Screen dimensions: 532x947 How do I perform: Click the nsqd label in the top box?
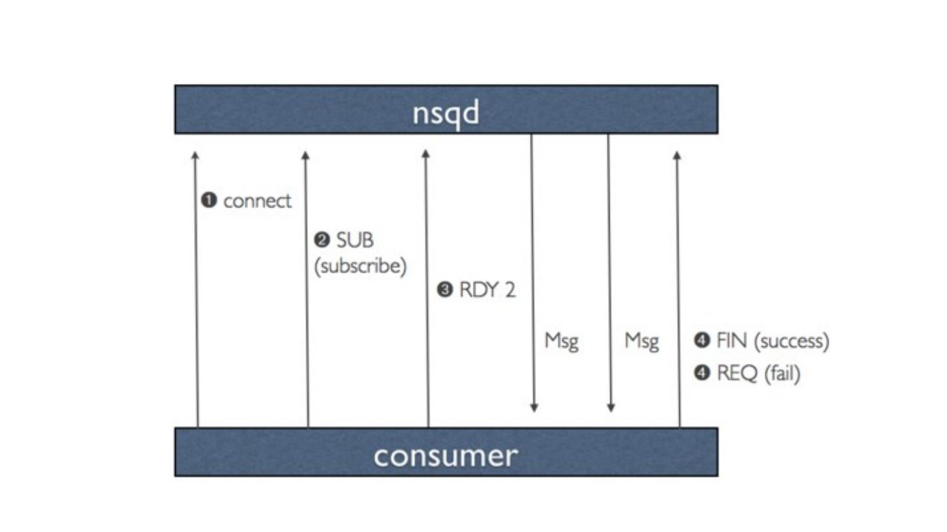tap(446, 113)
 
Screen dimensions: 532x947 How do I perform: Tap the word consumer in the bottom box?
tap(445, 455)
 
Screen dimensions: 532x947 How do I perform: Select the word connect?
tap(257, 201)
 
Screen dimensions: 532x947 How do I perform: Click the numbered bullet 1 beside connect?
tap(209, 200)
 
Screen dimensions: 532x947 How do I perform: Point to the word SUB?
tap(355, 240)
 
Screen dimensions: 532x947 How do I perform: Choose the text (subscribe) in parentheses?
tap(360, 267)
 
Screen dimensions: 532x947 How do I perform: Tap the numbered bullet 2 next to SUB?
tap(322, 240)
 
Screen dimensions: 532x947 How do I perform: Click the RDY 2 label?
tap(487, 290)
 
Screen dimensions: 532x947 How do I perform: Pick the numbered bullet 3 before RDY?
tap(445, 290)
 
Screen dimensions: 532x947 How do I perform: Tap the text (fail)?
tap(782, 374)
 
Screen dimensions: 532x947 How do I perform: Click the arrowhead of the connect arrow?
tap(195, 155)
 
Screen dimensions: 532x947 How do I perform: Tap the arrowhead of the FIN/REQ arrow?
tap(677, 155)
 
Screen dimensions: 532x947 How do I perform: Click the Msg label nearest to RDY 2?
tap(562, 341)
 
